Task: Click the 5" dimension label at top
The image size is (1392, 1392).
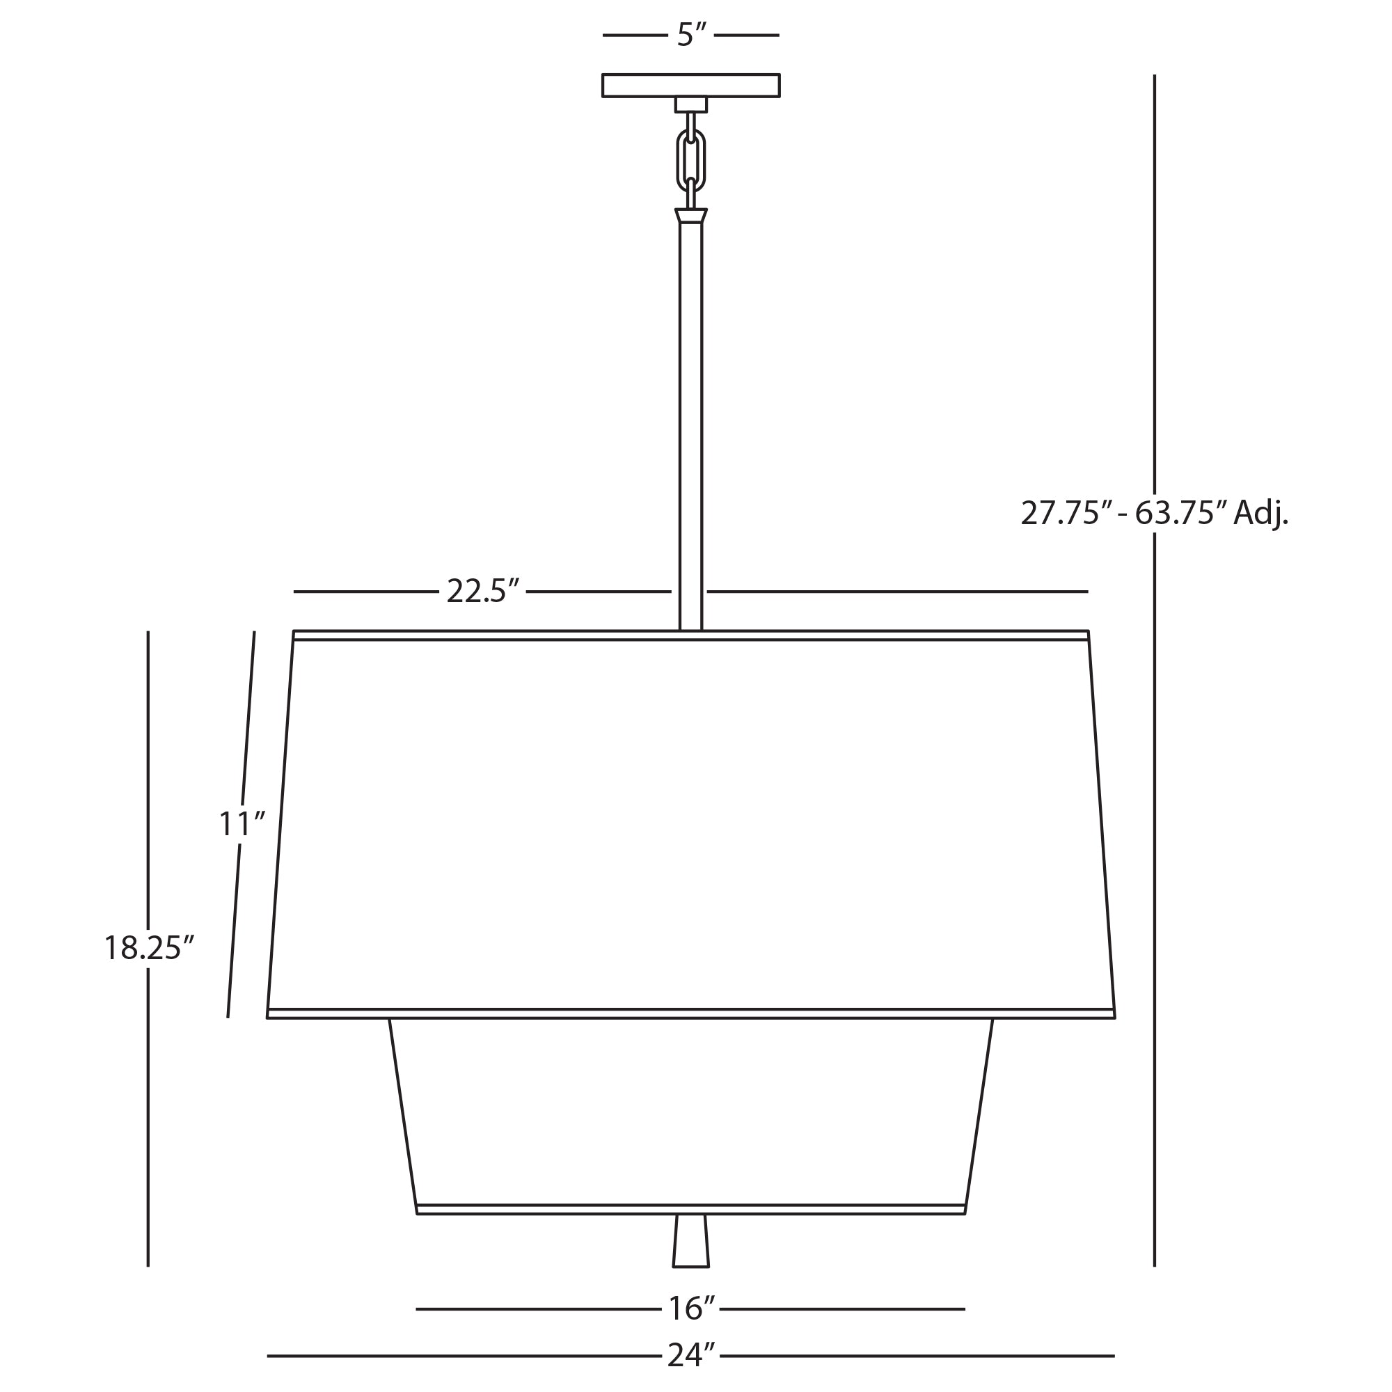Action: (690, 35)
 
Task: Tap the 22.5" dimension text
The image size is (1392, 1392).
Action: (482, 592)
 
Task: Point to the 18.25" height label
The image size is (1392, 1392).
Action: (149, 948)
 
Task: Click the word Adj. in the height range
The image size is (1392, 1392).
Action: (1260, 514)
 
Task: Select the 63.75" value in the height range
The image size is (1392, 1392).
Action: (1180, 514)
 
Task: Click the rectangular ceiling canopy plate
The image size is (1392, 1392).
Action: (690, 85)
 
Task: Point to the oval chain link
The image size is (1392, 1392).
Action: (690, 161)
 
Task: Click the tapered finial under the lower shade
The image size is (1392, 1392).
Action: (690, 1241)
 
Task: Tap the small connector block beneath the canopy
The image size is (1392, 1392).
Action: (690, 104)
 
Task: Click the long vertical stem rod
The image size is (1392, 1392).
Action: (690, 425)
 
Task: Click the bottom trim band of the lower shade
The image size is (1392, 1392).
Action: (690, 1210)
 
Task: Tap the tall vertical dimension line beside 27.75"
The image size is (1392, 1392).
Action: (1154, 288)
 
